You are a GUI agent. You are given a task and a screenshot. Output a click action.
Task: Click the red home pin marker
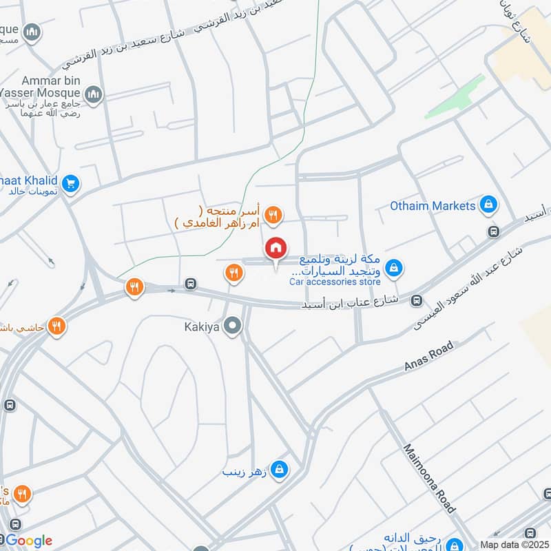coord(276,249)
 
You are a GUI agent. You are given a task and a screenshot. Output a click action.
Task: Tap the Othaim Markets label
coord(433,205)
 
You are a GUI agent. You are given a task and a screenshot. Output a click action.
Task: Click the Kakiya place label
coord(201,327)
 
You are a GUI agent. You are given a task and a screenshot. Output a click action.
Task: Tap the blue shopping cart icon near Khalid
coord(70,184)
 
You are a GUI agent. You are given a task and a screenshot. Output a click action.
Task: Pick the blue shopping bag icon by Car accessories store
coord(393,268)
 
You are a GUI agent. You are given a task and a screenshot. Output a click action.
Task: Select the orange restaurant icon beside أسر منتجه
coord(274,216)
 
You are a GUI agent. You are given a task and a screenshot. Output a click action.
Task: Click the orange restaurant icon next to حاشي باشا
coord(57,326)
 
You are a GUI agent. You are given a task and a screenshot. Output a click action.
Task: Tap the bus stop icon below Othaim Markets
coord(493,231)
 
